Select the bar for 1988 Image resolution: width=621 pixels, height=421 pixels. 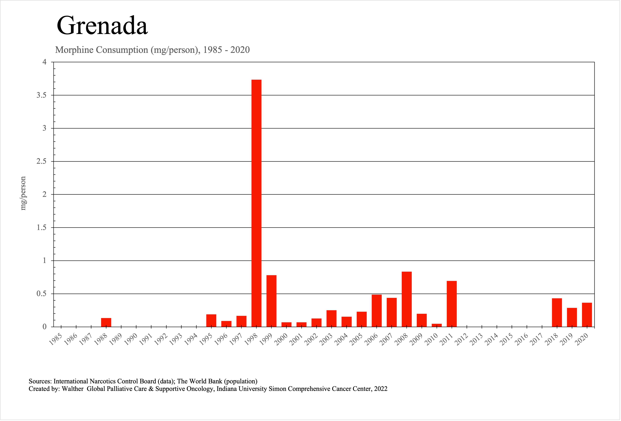(x=106, y=322)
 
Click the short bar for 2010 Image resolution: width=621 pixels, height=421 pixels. (x=437, y=325)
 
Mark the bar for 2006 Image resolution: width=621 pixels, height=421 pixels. (x=376, y=311)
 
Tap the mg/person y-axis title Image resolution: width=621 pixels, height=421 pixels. (x=23, y=193)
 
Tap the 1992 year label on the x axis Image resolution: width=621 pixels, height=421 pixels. (x=161, y=339)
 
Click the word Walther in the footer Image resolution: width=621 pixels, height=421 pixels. (x=73, y=389)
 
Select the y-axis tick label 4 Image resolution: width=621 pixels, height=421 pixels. (x=44, y=62)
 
